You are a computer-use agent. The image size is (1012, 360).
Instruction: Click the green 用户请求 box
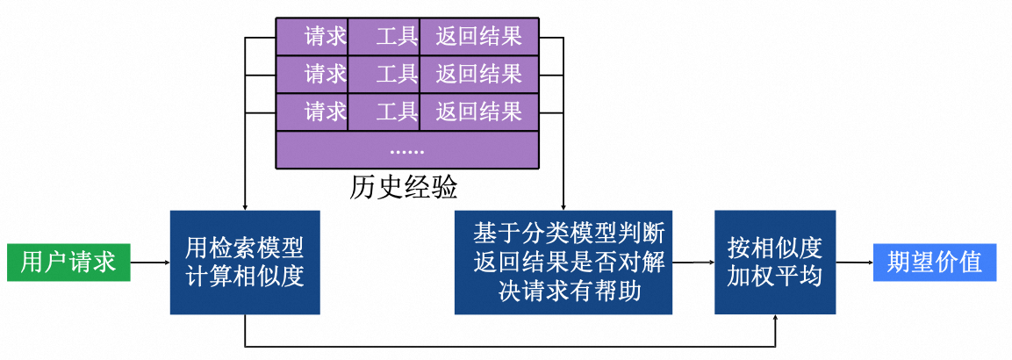pos(68,262)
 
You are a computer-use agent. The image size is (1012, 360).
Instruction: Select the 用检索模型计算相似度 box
pos(245,262)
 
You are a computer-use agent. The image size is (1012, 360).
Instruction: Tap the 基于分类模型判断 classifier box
pos(563,262)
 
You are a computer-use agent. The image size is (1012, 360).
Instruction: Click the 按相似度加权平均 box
pos(774,262)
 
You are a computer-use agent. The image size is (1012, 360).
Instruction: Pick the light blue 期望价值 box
pos(935,262)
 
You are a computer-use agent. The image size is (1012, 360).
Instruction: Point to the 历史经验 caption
pos(404,188)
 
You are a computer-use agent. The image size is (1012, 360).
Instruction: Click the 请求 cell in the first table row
pos(312,36)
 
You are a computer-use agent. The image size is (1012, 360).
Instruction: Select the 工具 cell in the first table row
pos(384,36)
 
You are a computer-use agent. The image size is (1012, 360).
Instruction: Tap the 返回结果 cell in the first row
pos(479,36)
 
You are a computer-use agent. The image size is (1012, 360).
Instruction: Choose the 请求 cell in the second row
pos(312,74)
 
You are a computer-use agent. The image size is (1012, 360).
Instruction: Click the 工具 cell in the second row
pos(384,74)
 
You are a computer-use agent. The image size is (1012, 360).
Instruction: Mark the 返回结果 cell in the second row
pos(479,74)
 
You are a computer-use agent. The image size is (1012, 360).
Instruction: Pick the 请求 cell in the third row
pos(312,112)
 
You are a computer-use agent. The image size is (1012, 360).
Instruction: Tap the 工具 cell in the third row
pos(384,112)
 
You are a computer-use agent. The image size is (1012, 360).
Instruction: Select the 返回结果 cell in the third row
pos(479,112)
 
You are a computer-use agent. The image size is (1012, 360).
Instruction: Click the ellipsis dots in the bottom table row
pos(407,149)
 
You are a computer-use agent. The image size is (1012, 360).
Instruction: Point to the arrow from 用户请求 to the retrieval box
pos(150,262)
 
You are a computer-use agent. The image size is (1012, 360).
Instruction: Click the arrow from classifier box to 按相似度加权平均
pos(693,262)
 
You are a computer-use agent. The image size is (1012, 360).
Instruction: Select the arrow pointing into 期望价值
pos(853,262)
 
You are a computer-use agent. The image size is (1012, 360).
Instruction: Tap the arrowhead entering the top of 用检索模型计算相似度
pos(245,206)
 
